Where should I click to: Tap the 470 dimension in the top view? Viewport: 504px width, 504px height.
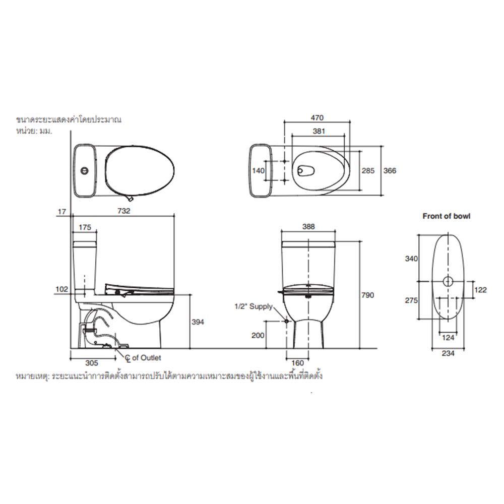(x=316, y=117)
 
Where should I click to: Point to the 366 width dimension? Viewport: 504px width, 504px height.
(x=390, y=171)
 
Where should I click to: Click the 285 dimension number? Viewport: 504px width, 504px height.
(x=368, y=171)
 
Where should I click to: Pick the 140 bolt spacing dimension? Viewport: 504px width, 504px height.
(x=258, y=171)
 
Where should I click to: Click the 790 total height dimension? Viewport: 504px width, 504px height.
(x=368, y=295)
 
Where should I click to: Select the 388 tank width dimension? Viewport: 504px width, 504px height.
(x=308, y=227)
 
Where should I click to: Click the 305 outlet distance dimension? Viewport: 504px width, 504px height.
(x=91, y=362)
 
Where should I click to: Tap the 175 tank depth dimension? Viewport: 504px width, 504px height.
(x=85, y=227)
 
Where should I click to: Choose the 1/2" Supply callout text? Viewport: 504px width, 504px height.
(x=254, y=306)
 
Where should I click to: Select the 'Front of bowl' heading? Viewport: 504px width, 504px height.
(x=446, y=216)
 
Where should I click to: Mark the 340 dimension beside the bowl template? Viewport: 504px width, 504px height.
(x=412, y=259)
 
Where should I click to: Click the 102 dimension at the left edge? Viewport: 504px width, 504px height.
(x=62, y=289)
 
